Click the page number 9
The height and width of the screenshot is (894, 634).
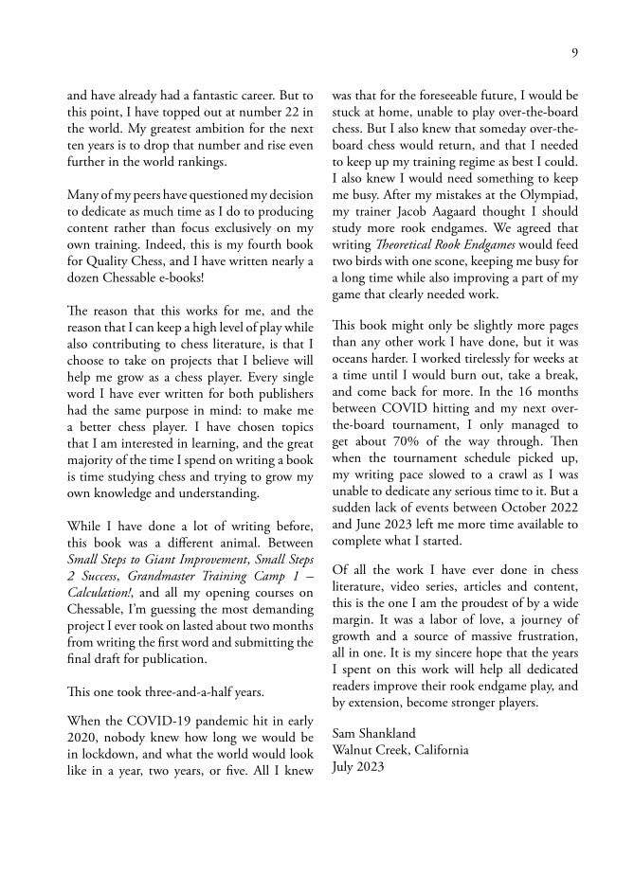pos(574,53)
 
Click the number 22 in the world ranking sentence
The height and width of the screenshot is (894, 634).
pos(286,113)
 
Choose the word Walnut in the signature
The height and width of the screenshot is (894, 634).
pos(353,751)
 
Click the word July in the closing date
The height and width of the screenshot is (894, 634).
pos(344,767)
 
